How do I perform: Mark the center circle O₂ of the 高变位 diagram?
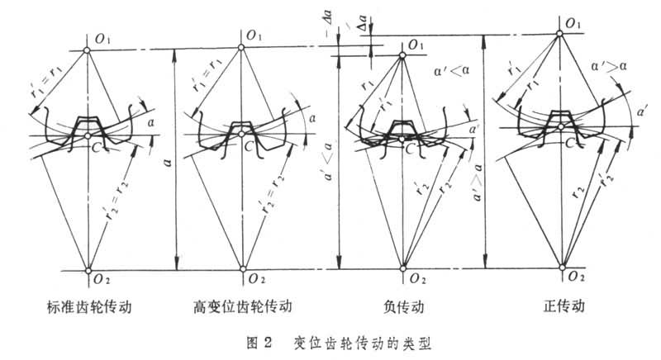(x=242, y=268)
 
